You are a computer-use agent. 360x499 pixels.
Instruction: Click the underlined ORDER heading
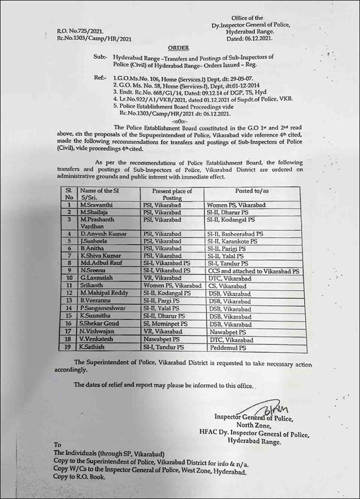pos(178,48)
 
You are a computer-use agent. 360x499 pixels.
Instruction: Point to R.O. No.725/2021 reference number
pos(80,31)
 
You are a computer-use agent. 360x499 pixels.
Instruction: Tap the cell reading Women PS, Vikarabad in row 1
pos(236,205)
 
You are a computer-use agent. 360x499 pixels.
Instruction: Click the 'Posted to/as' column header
pos(252,191)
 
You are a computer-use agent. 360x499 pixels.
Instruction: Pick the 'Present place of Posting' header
pos(172,194)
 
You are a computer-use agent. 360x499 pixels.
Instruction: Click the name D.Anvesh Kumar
pos(103,234)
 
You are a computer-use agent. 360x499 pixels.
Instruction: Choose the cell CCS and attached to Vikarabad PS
pos(253,271)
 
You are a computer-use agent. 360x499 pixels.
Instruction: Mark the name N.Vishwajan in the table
pos(97,331)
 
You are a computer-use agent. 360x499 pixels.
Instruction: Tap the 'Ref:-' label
pos(100,78)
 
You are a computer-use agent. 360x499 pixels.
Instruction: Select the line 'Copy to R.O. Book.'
pos(79,476)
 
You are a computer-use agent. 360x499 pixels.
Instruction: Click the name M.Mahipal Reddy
pos(104,293)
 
